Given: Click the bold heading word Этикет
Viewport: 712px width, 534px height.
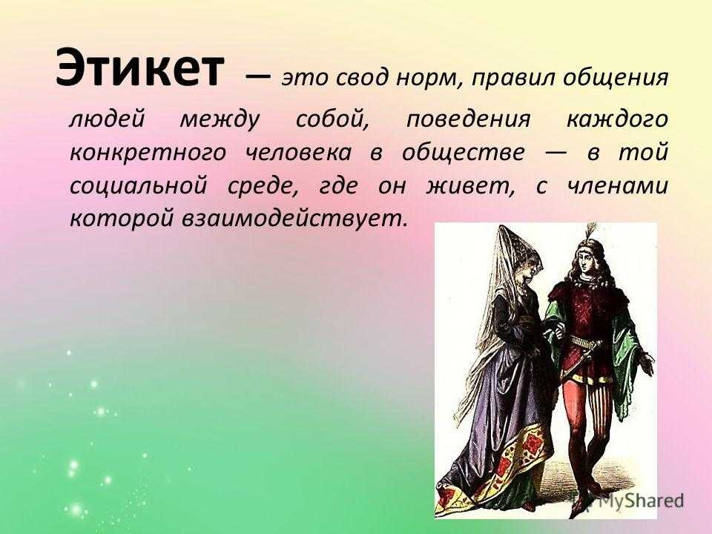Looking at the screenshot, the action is tap(140, 68).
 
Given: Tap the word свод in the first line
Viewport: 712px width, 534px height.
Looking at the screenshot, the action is tap(363, 78).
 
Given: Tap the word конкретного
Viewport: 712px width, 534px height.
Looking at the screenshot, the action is tap(148, 154).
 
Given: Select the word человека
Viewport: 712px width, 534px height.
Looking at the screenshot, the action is tap(298, 154).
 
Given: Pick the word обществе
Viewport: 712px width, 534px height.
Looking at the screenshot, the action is tap(463, 153).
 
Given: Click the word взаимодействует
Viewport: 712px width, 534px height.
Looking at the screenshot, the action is tap(293, 220).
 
